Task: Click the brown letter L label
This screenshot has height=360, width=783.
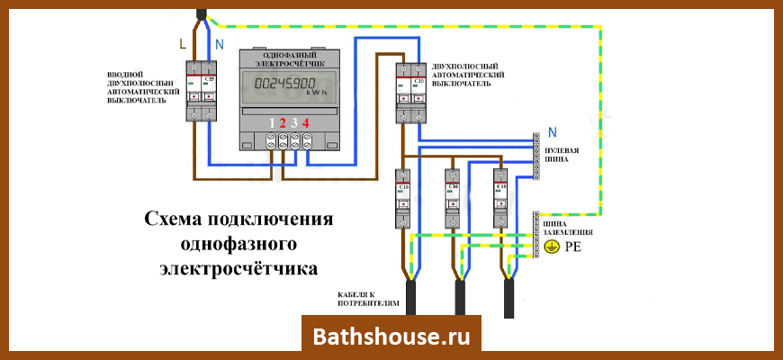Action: point(184,44)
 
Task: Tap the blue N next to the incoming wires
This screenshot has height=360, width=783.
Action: point(217,44)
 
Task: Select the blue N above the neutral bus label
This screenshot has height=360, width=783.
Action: point(552,131)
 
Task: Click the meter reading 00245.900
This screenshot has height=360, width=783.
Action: point(283,85)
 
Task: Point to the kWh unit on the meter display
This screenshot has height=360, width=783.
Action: point(316,93)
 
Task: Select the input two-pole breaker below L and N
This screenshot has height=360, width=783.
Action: point(202,90)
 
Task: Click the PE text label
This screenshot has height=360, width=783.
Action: point(572,246)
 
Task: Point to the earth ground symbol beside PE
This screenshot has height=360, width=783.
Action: point(552,246)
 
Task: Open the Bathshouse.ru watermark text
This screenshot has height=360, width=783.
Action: point(391,337)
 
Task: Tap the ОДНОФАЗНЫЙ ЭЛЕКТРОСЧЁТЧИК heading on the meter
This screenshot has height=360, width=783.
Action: point(283,58)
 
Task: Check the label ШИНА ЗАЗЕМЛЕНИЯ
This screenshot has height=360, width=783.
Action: point(564,227)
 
